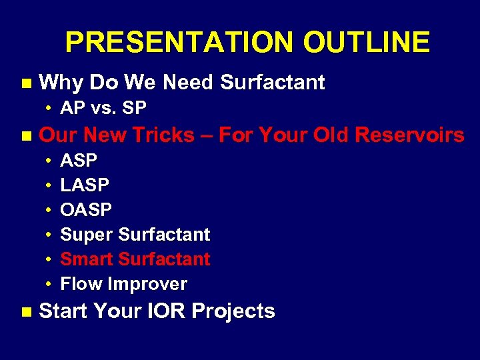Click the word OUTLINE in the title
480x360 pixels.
pos(366,43)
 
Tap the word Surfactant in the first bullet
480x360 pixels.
pos(272,83)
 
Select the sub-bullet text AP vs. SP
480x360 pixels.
pos(103,108)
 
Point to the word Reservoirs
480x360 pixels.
pos(409,135)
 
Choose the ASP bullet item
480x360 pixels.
pos(79,161)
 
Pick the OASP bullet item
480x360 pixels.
pos(86,210)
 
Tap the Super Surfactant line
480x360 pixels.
pos(135,235)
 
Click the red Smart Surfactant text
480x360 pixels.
pos(135,259)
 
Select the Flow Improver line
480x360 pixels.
pos(123,284)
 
